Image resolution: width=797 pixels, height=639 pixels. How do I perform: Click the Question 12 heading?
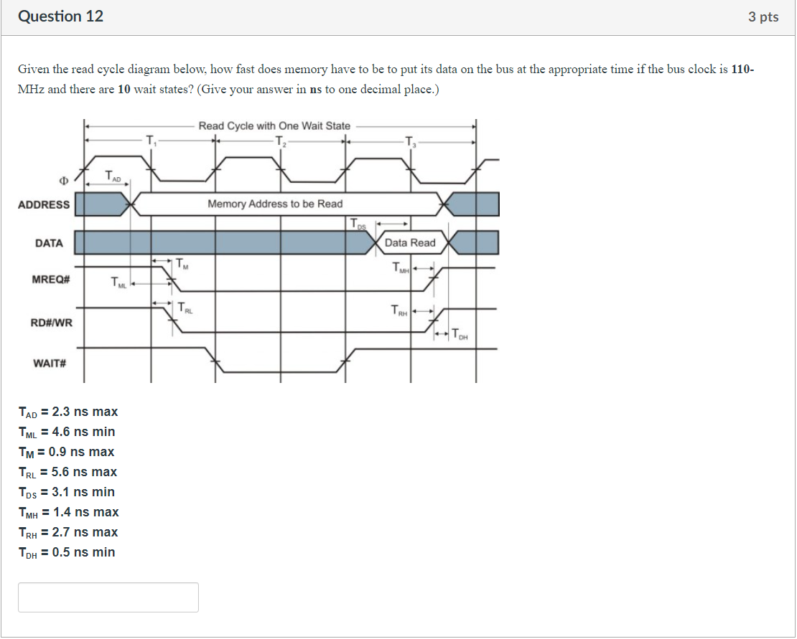[x=60, y=16]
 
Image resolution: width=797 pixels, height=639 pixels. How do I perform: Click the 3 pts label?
[x=763, y=17]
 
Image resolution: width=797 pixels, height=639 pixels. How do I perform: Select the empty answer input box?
[x=108, y=597]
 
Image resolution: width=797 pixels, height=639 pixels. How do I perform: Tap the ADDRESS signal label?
[x=44, y=204]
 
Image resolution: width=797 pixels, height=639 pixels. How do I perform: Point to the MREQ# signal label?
[x=50, y=278]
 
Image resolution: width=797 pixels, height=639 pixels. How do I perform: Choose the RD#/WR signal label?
[x=51, y=323]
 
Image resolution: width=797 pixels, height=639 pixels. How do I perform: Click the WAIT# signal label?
[x=50, y=363]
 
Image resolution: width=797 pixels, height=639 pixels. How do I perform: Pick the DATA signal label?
[x=49, y=243]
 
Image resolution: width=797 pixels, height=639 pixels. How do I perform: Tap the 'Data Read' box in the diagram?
[x=410, y=243]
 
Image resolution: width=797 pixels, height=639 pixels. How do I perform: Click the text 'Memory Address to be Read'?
[x=275, y=204]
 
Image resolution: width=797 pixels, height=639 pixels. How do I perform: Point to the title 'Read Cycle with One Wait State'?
[x=274, y=126]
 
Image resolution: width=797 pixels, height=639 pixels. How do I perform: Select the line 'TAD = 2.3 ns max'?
[x=68, y=412]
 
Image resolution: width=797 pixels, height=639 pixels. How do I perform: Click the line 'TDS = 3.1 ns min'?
[x=67, y=492]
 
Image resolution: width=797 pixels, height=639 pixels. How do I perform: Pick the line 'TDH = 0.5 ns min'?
[x=67, y=552]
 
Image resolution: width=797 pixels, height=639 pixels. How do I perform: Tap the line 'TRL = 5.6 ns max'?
[x=67, y=472]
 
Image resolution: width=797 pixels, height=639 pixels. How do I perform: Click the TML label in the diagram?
[x=118, y=285]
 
